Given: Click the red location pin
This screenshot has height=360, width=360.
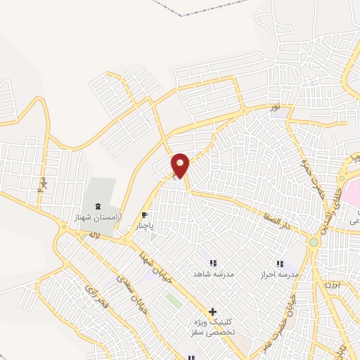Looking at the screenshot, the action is [181, 165].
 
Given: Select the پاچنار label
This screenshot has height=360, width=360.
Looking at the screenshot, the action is [144, 226].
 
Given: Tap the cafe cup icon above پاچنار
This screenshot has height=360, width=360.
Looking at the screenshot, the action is [144, 215].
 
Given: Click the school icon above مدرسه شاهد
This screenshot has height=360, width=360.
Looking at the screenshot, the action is [213, 263].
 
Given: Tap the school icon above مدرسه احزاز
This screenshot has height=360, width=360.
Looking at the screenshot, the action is [280, 263].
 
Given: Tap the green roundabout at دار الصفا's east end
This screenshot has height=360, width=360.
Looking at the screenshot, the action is [312, 243].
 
